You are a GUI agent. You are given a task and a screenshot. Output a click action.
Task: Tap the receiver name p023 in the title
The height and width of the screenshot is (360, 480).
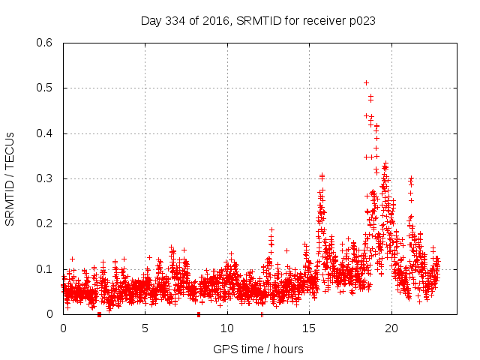pos(360,21)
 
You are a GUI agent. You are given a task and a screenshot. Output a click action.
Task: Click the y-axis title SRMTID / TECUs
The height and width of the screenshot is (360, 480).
pos(10,178)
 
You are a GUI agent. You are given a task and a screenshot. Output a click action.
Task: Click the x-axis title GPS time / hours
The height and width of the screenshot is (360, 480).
pos(258,349)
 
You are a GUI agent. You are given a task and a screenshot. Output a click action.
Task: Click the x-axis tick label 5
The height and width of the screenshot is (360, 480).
pos(145,328)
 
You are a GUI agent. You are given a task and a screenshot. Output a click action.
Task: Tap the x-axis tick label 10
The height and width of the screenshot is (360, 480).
pos(227,328)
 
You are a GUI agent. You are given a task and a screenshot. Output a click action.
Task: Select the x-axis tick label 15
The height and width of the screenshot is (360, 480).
pos(310,328)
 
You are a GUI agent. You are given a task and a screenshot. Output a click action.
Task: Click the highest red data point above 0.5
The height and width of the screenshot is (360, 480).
pos(366,82)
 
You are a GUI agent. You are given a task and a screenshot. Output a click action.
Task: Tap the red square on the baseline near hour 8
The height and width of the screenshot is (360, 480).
pos(199,314)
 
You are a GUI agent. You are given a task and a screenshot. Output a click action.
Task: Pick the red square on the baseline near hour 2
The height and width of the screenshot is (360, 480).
pos(99,314)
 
